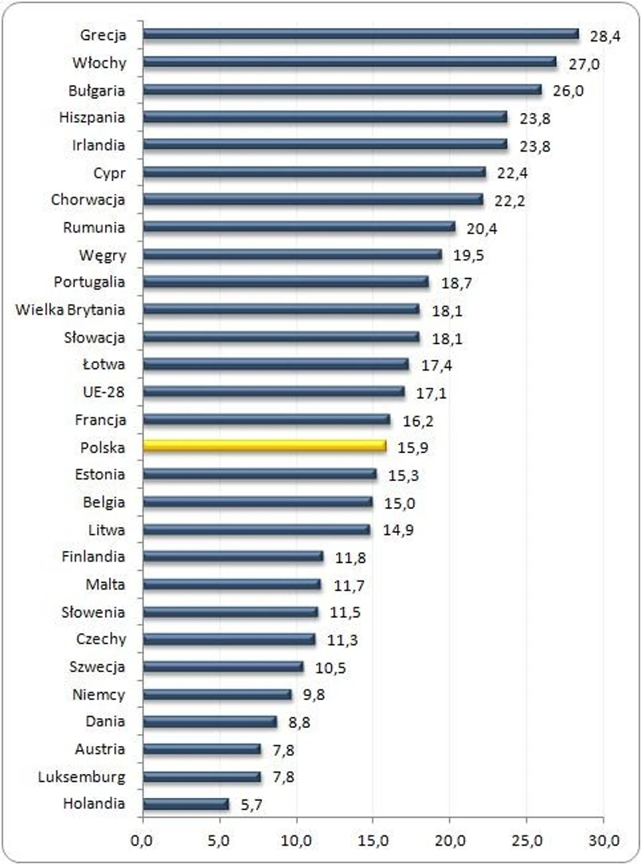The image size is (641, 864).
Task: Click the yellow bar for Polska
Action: point(264,446)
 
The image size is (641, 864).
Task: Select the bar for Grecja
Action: point(361,34)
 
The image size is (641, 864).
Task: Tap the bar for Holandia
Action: point(186,803)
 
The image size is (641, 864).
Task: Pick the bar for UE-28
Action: point(273,391)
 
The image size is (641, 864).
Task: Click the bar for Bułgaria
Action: point(342,89)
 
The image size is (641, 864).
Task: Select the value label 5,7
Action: point(252,805)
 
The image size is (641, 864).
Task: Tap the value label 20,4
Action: point(483,228)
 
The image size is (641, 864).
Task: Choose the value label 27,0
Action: point(584,63)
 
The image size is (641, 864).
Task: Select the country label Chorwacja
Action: point(88,199)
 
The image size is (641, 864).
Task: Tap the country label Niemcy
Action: point(98,694)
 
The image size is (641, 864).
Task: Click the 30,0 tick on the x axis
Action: point(604,839)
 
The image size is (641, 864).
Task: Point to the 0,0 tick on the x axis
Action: point(143,839)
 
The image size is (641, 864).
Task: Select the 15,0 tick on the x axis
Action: point(373,839)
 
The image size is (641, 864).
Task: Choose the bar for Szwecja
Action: point(223,667)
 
